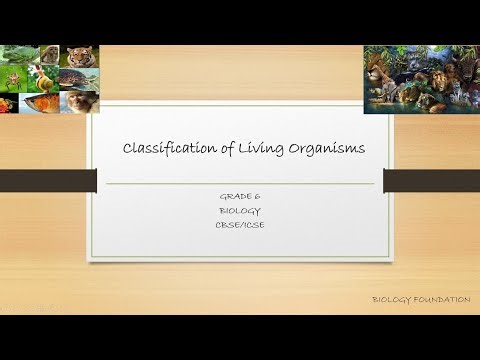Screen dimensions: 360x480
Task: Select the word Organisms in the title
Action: point(323,149)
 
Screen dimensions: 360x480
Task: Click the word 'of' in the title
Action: point(221,149)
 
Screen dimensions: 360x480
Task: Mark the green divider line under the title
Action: point(240,184)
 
